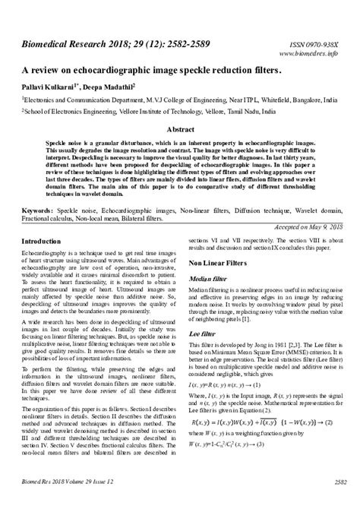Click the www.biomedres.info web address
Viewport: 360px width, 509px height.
click(x=310, y=54)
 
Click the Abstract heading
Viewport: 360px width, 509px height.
click(x=180, y=129)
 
